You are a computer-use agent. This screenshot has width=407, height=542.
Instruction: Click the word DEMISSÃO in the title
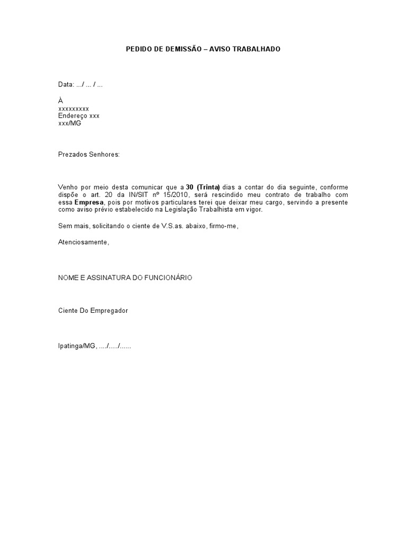click(180, 49)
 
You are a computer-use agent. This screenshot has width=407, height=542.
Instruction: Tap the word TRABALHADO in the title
click(256, 49)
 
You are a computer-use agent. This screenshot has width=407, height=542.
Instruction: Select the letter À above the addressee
click(60, 100)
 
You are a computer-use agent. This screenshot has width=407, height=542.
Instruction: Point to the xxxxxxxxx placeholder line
click(74, 109)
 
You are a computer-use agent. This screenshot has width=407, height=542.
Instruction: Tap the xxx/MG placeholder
click(69, 123)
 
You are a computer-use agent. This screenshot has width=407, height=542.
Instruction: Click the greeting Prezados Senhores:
click(89, 154)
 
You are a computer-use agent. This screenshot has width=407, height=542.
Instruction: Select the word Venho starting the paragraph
click(67, 187)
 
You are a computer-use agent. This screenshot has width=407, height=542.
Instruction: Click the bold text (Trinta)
click(208, 187)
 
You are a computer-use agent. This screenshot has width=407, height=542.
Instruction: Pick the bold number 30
click(189, 187)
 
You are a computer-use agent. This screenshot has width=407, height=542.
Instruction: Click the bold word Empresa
click(89, 202)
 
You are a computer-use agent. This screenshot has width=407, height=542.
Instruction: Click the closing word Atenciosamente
click(84, 242)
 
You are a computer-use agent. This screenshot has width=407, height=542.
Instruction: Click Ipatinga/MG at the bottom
click(77, 346)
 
